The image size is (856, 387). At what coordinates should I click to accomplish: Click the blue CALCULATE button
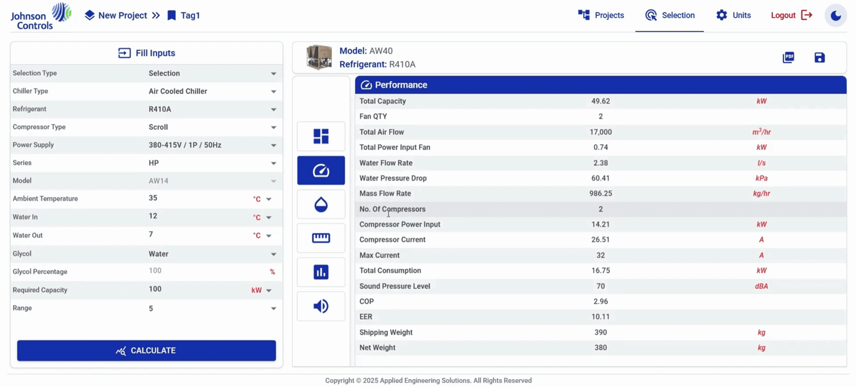pyautogui.click(x=146, y=350)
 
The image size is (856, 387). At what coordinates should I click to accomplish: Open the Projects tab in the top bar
pyautogui.click(x=601, y=15)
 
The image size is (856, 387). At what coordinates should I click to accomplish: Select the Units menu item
pyautogui.click(x=733, y=15)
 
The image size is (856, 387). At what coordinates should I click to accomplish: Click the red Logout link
pyautogui.click(x=791, y=15)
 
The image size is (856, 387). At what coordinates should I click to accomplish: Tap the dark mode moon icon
pyautogui.click(x=836, y=16)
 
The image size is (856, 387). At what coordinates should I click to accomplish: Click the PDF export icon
pyautogui.click(x=788, y=57)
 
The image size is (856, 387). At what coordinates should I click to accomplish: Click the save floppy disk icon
pyautogui.click(x=820, y=57)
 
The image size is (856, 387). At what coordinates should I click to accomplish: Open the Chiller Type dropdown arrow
pyautogui.click(x=273, y=91)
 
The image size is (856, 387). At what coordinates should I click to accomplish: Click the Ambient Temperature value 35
pyautogui.click(x=153, y=198)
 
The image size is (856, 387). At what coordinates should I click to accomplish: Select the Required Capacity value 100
pyautogui.click(x=155, y=289)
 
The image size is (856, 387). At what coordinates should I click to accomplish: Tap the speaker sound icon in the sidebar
pyautogui.click(x=321, y=306)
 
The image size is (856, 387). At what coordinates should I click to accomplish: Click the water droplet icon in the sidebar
pyautogui.click(x=321, y=205)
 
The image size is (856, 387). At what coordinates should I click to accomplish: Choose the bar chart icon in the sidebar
pyautogui.click(x=321, y=272)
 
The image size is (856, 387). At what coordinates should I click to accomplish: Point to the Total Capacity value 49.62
pyautogui.click(x=600, y=101)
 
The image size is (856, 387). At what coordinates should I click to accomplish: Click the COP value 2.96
pyautogui.click(x=600, y=301)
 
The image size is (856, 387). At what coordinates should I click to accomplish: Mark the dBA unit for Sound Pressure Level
pyautogui.click(x=761, y=286)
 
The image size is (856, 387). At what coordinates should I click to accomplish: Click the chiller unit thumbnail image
pyautogui.click(x=319, y=57)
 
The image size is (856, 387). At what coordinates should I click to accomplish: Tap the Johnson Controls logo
pyautogui.click(x=40, y=16)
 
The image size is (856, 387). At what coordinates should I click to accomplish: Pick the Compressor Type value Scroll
pyautogui.click(x=158, y=127)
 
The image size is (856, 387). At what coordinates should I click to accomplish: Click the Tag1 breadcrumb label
pyautogui.click(x=190, y=15)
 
